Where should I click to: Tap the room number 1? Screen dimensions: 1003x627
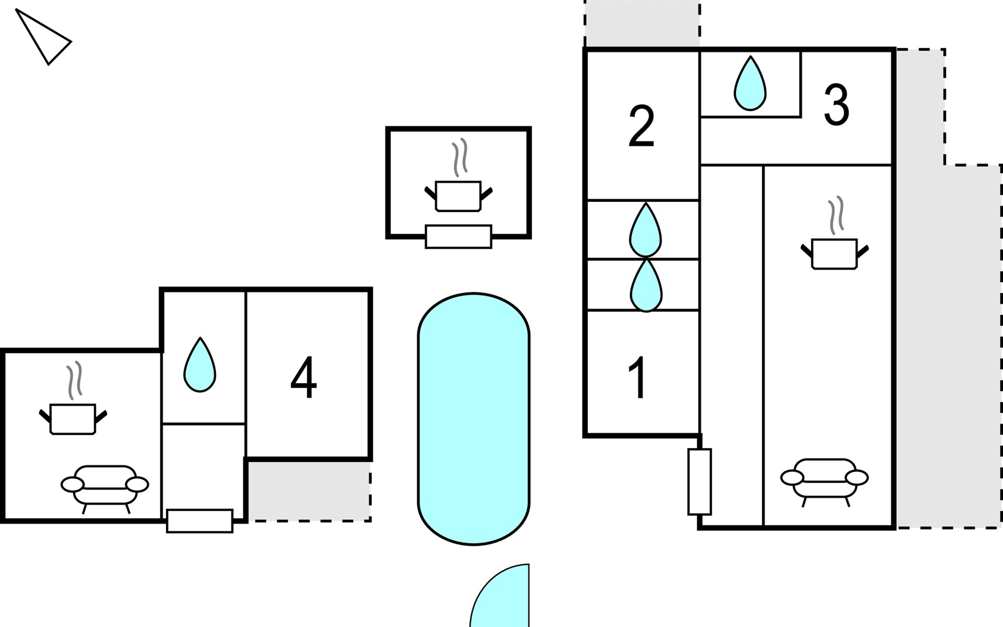(x=637, y=378)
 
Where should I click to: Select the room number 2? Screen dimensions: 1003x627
(x=642, y=126)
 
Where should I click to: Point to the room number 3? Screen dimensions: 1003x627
(x=836, y=105)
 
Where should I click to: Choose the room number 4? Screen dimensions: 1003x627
(x=304, y=377)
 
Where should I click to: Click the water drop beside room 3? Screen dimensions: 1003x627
(x=750, y=84)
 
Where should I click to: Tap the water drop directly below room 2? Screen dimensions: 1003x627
(x=646, y=230)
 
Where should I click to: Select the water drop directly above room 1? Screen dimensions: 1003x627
(x=646, y=285)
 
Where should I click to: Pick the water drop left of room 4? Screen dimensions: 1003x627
(x=200, y=365)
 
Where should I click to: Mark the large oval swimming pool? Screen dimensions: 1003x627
(x=474, y=419)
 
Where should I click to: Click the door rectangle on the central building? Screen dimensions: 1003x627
(x=459, y=237)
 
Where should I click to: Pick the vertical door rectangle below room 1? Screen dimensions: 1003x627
(x=699, y=482)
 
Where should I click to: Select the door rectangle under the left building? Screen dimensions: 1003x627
(x=200, y=521)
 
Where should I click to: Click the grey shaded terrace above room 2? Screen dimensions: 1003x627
(x=642, y=24)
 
